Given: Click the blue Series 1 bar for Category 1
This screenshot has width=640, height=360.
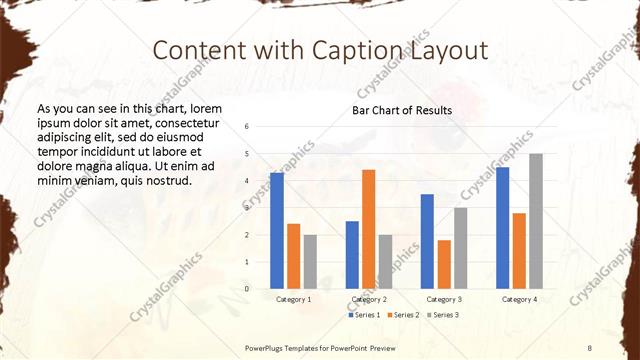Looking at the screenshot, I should point(277,230).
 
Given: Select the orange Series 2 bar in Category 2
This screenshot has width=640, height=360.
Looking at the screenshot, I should point(369,229).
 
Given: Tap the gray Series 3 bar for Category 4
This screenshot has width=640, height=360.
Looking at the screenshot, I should point(536,221).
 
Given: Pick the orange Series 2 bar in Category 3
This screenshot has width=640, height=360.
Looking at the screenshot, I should point(444,264).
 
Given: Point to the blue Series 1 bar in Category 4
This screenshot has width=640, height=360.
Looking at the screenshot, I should point(502,228).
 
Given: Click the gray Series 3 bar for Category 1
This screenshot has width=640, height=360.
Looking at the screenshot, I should point(310,261).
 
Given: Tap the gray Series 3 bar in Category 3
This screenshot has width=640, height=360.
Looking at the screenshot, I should point(460,248).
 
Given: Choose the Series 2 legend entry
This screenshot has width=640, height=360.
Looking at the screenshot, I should point(403,315).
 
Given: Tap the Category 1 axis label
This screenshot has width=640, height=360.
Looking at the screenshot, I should point(293,299).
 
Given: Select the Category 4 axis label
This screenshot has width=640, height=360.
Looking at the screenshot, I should point(519,299).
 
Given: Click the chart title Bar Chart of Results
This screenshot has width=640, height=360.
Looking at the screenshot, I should point(401,110).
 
